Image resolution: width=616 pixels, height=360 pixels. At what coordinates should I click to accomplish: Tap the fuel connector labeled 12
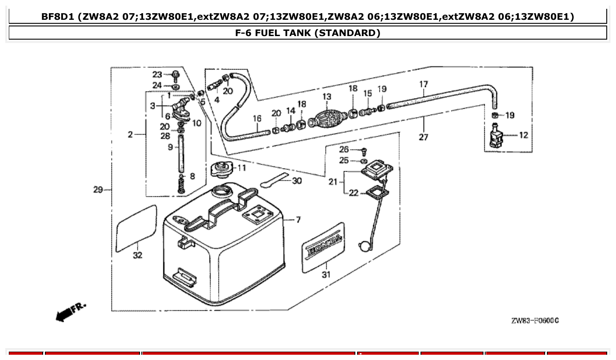click(x=496, y=136)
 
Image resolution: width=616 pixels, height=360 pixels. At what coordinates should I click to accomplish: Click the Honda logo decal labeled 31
click(x=324, y=247)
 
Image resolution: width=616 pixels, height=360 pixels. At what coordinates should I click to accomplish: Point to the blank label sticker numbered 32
click(x=136, y=226)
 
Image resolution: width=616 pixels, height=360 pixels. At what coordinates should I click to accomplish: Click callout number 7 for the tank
click(x=298, y=220)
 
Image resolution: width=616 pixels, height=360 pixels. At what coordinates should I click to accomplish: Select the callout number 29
click(x=97, y=190)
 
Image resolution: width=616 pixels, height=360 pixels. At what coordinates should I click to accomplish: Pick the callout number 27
click(x=423, y=137)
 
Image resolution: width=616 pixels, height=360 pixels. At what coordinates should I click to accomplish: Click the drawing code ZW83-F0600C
click(x=535, y=320)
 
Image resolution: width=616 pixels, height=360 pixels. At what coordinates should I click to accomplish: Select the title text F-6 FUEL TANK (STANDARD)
click(x=308, y=33)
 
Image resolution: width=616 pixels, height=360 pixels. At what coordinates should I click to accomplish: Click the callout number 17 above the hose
click(x=423, y=84)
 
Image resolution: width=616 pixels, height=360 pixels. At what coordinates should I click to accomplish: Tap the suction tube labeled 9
click(x=181, y=154)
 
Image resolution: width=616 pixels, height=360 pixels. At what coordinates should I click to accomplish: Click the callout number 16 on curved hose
click(x=257, y=118)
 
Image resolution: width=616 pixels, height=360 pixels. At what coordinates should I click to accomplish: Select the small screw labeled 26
click(x=364, y=151)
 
